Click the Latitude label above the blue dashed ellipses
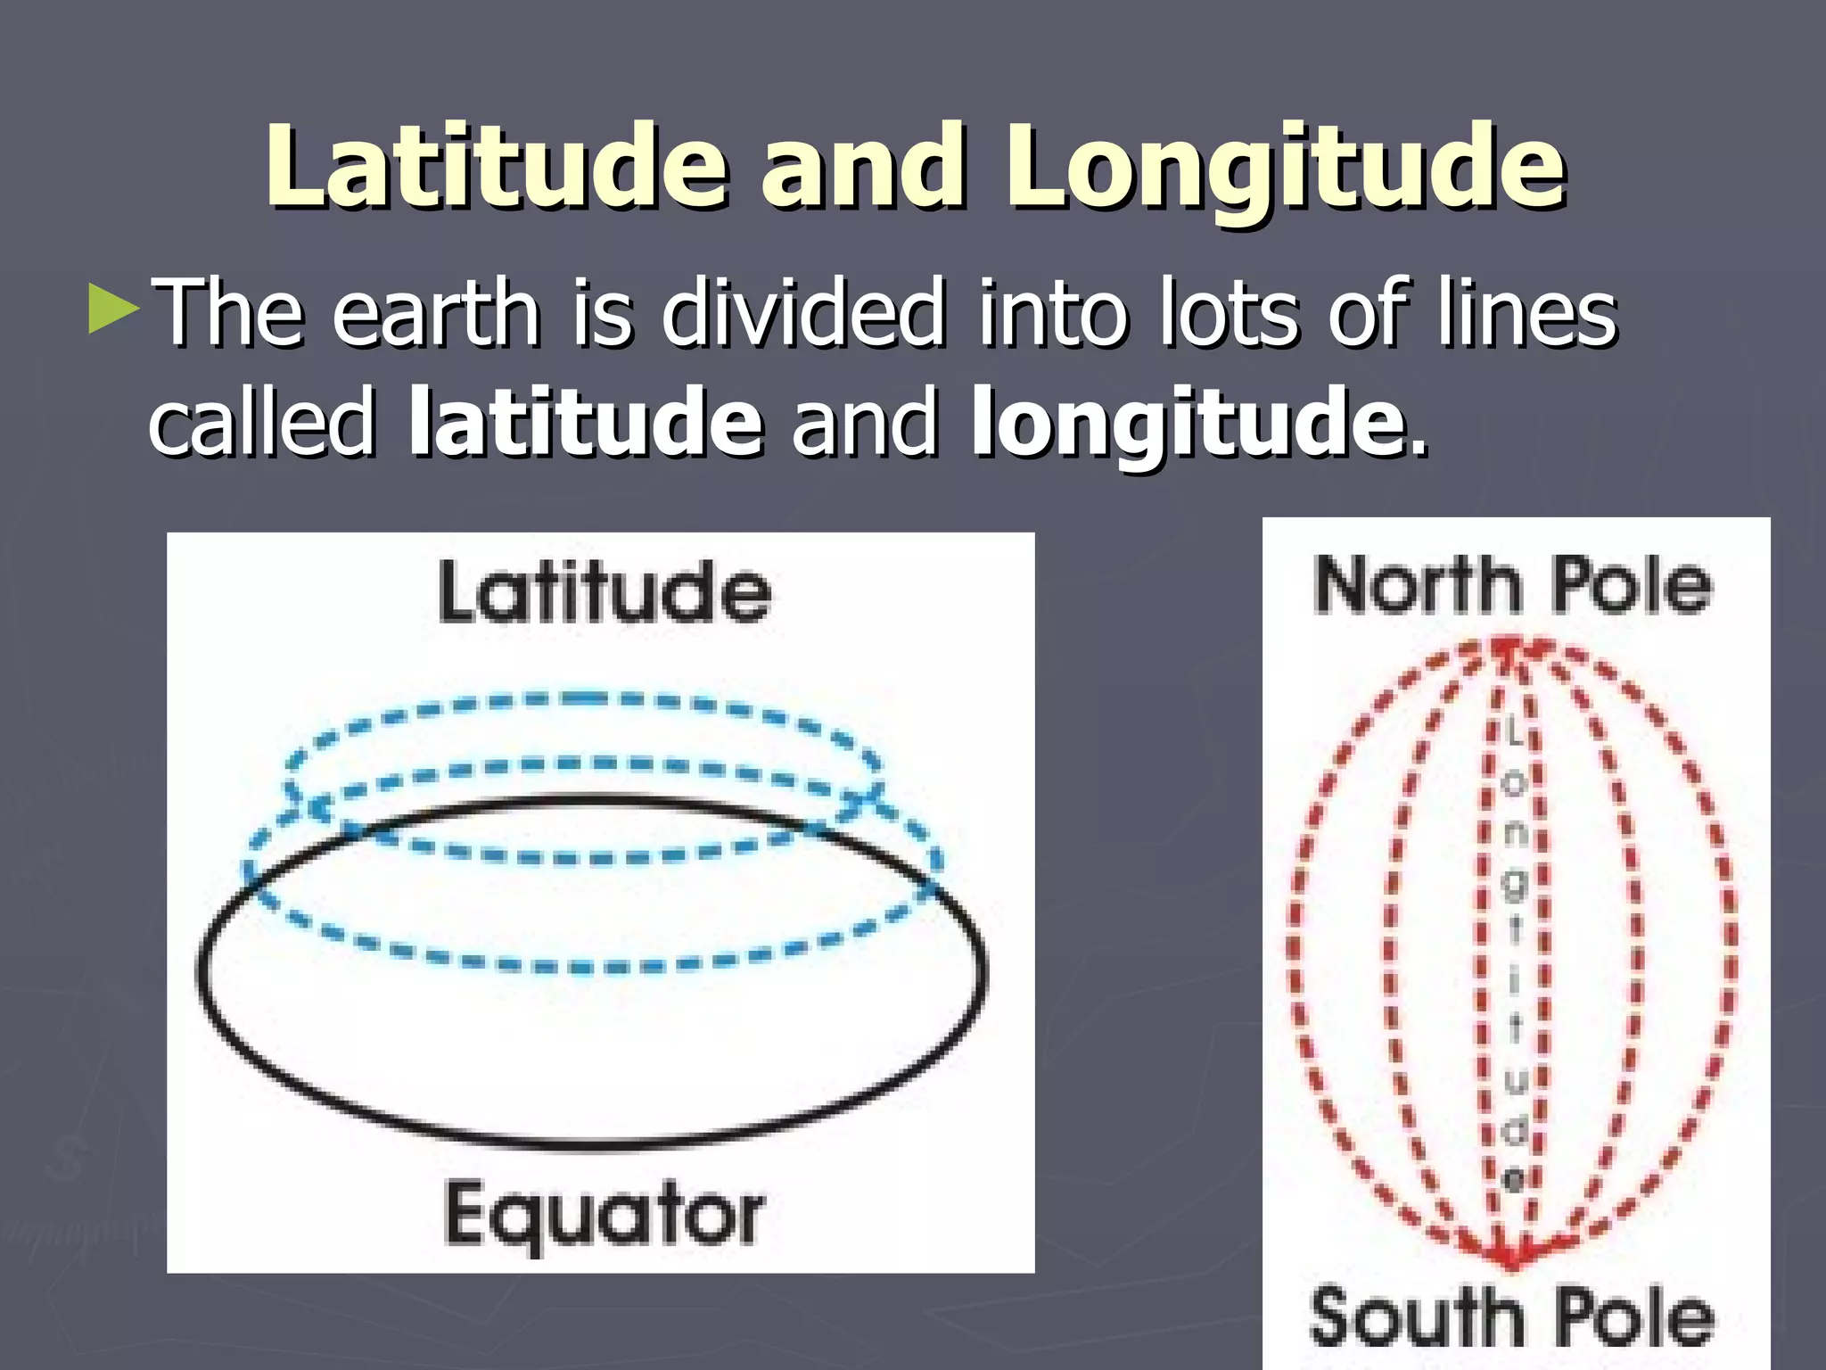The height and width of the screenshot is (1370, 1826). pos(605,592)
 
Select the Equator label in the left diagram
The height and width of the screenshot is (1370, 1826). pos(604,1215)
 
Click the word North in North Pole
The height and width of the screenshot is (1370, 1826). pos(1418,586)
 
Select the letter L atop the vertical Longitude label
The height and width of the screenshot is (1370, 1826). pos(1513,734)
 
